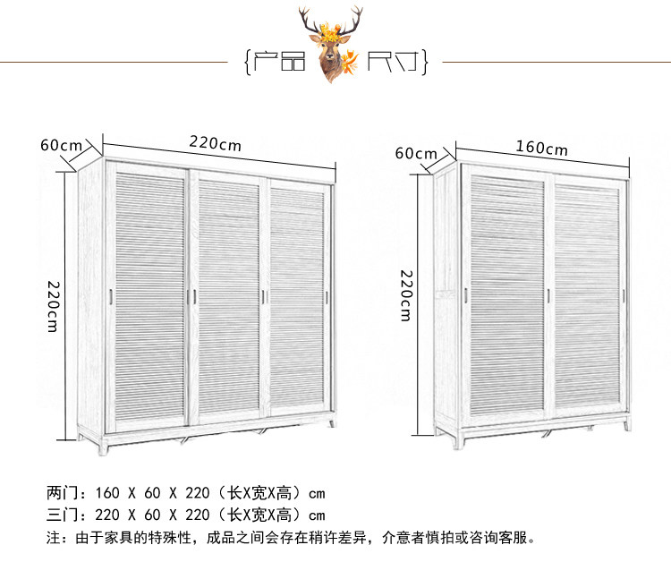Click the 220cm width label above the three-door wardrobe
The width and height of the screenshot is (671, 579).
click(x=215, y=142)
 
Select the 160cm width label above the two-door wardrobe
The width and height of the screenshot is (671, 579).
click(x=541, y=147)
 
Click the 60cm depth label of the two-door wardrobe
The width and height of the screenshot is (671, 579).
click(x=417, y=153)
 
